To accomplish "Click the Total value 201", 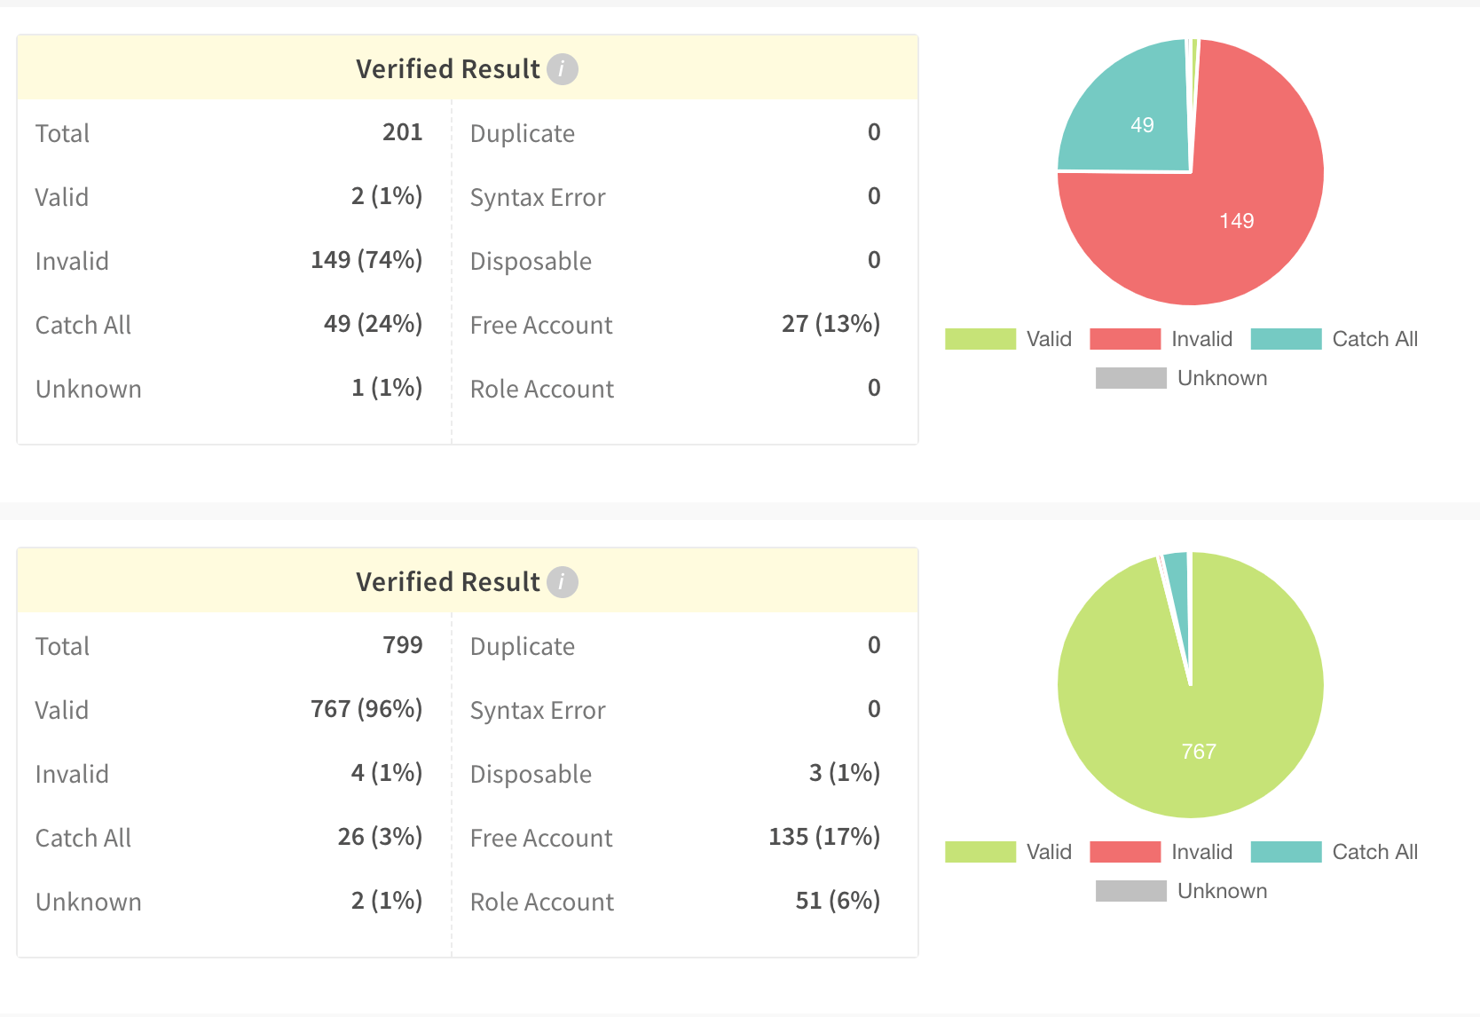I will (x=402, y=132).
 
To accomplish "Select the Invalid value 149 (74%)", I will (x=366, y=260).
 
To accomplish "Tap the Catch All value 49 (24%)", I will (x=373, y=324).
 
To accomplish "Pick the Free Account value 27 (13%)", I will (x=831, y=324).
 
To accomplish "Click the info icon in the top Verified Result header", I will (x=562, y=68).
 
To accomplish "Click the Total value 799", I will (x=402, y=645).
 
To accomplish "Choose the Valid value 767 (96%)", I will (x=366, y=709).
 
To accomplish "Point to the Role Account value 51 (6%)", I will (x=837, y=901).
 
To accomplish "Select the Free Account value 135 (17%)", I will (x=823, y=837).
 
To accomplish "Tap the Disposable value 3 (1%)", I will (x=844, y=773).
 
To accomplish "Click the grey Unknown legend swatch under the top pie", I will (x=1130, y=378).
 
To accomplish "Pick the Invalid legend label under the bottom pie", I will (x=1201, y=852).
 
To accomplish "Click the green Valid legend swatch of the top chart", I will (x=980, y=339).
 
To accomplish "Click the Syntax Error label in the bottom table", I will (x=538, y=710).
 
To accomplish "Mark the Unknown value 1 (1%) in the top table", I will (x=387, y=388).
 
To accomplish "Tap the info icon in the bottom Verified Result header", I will (x=562, y=581).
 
